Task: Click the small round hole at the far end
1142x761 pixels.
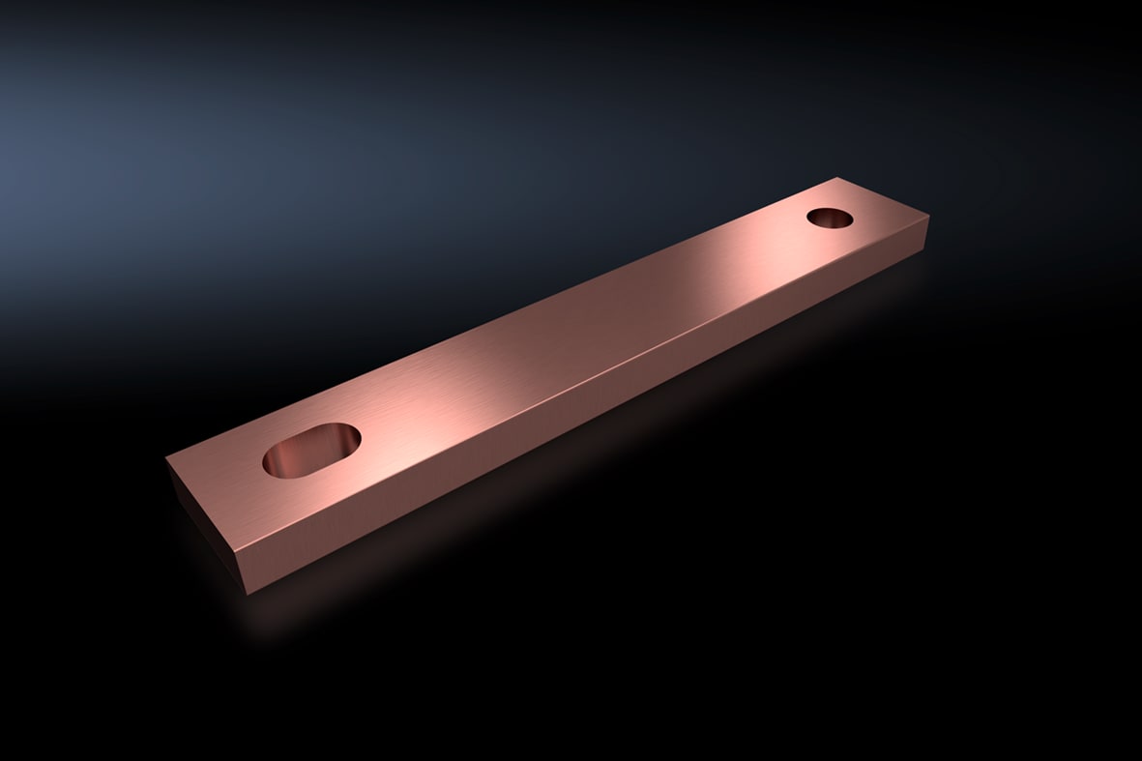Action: (830, 218)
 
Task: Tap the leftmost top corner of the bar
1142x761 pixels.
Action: (167, 457)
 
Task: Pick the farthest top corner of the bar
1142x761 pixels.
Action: (836, 178)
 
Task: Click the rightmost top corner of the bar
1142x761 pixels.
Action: (928, 218)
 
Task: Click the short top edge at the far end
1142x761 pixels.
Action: (883, 197)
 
